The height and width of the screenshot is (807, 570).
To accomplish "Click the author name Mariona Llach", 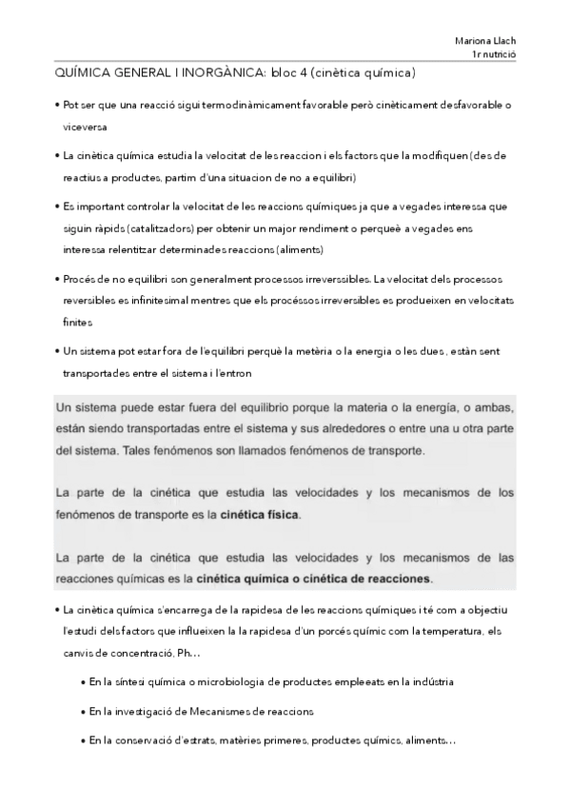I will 485,41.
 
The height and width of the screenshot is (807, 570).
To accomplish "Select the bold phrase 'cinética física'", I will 259,515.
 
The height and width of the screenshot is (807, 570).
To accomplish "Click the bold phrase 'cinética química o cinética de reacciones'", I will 313,578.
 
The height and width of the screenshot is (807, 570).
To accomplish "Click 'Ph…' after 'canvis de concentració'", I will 189,652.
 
